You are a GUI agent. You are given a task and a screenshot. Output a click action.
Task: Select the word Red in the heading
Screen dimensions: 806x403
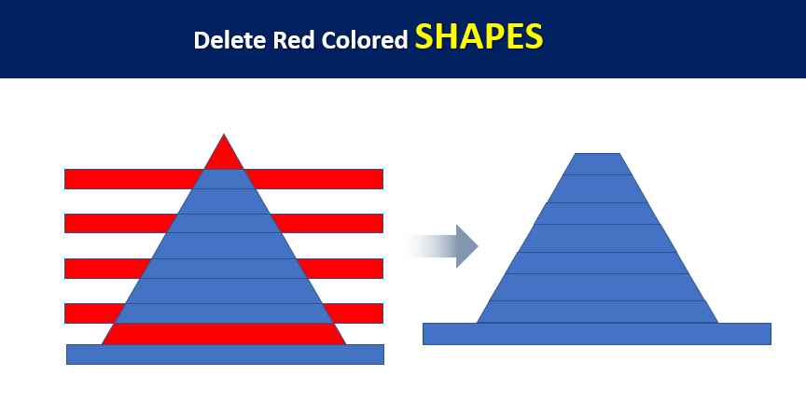pos(293,40)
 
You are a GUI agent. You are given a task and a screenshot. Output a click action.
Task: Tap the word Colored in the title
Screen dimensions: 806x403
pos(365,40)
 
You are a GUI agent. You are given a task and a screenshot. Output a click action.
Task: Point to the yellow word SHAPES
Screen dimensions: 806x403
pos(479,37)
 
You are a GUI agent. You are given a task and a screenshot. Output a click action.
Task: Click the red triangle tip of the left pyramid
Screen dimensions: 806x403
pos(224,155)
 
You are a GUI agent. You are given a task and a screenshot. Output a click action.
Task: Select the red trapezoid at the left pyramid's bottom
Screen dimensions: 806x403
pos(224,334)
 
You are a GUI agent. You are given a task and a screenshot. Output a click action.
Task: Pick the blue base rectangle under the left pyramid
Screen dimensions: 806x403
pos(225,354)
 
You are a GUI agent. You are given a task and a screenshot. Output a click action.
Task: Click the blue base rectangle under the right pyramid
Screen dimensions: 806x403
pos(597,334)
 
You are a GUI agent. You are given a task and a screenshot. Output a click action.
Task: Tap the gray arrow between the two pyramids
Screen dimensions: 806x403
pos(442,246)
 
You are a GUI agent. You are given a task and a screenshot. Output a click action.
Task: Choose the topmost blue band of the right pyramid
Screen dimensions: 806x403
pos(597,164)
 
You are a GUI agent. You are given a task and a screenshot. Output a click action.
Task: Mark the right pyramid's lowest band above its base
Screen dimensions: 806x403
pos(597,312)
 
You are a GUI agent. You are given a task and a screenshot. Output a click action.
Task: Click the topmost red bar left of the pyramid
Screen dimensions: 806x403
pos(132,179)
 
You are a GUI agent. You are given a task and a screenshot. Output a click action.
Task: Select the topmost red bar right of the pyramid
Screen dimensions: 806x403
pos(314,179)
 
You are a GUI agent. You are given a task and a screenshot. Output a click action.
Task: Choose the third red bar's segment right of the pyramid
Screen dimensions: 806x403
pos(340,269)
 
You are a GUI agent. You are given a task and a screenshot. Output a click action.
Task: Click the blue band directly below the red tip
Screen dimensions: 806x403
pos(224,179)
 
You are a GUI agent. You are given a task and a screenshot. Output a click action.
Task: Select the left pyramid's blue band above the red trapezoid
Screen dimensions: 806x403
pos(224,313)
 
